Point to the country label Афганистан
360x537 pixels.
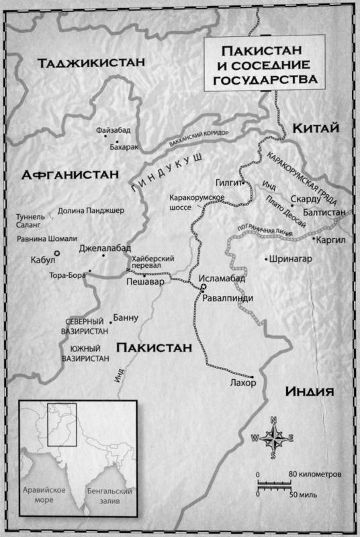click(70, 175)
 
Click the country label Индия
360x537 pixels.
click(310, 391)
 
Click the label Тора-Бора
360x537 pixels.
click(66, 275)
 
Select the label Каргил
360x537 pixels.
click(332, 238)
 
